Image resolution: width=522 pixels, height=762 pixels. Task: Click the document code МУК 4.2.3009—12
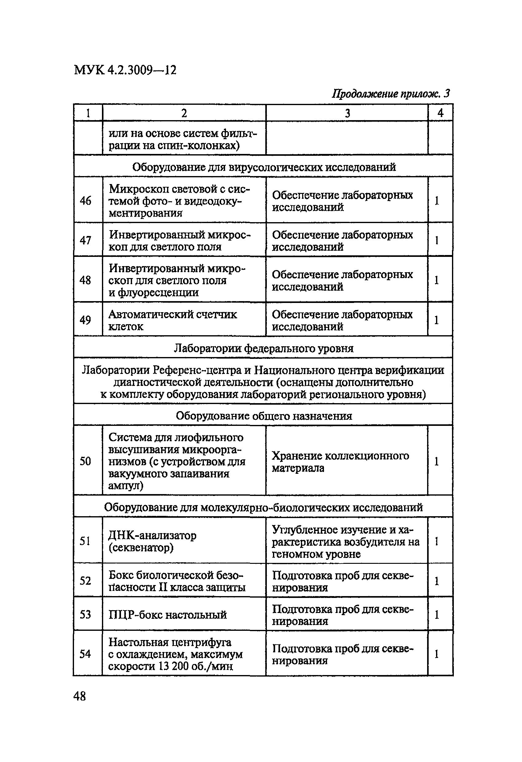point(125,70)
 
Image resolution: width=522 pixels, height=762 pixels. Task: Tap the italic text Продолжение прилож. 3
point(391,94)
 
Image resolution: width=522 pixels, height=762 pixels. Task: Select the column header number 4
point(440,113)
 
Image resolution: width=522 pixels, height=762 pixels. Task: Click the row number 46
point(86,201)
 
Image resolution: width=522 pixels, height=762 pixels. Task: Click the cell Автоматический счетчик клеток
point(173,320)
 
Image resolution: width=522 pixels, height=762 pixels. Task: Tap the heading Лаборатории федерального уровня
point(263,348)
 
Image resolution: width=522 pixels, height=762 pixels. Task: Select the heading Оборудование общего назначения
point(263,416)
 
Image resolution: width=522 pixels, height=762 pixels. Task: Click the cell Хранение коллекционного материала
point(341,462)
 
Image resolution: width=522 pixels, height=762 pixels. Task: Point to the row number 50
point(86,461)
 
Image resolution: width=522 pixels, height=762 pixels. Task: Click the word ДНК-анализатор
point(152,536)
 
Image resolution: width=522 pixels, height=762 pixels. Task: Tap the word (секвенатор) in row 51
point(141,548)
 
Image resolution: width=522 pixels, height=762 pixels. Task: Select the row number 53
point(86,614)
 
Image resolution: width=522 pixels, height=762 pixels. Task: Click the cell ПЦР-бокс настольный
point(167,615)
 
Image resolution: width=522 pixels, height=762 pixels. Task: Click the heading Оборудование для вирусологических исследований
point(264,167)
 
